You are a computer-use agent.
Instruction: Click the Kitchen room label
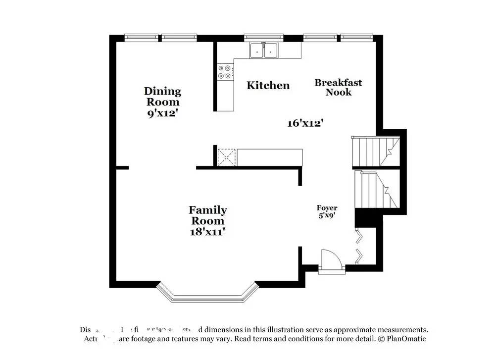pyautogui.click(x=268, y=85)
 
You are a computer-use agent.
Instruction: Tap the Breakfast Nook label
pyautogui.click(x=338, y=87)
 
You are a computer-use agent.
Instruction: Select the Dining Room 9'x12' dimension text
pyautogui.click(x=162, y=113)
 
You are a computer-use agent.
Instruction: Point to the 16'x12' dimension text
pyautogui.click(x=305, y=123)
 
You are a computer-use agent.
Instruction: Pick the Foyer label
pyautogui.click(x=327, y=208)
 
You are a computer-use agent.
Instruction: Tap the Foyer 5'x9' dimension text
pyautogui.click(x=327, y=215)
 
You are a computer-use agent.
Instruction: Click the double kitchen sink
pyautogui.click(x=264, y=50)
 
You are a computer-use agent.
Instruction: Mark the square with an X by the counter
pyautogui.click(x=227, y=157)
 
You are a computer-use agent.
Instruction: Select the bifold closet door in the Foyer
pyautogui.click(x=360, y=245)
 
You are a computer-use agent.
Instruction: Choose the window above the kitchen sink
pyautogui.click(x=263, y=37)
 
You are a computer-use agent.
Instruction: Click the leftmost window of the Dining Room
pyautogui.click(x=141, y=37)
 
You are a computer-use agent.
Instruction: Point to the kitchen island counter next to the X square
pyautogui.click(x=269, y=156)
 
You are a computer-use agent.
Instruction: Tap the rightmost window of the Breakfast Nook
pyautogui.click(x=357, y=37)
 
